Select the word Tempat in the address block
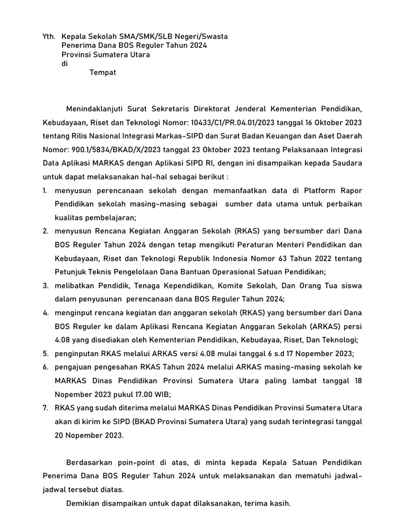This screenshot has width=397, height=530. [x=103, y=72]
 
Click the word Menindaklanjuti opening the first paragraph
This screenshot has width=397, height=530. [x=98, y=109]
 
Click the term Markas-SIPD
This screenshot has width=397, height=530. [x=189, y=136]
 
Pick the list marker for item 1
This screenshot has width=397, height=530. [x=45, y=191]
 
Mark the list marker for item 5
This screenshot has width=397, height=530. [x=45, y=354]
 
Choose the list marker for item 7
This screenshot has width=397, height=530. [x=45, y=407]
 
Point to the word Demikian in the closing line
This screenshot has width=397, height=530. [x=83, y=503]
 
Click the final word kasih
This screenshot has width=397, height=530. [x=281, y=503]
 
